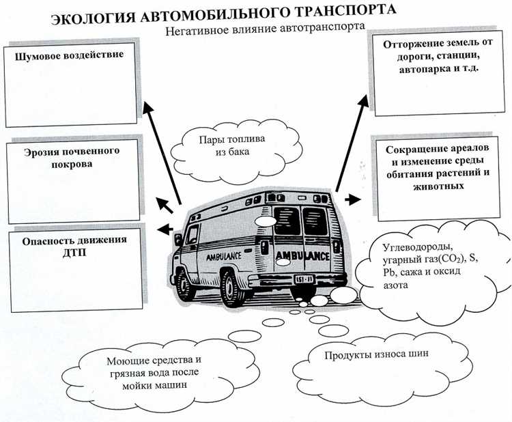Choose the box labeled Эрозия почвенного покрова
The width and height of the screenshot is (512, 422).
coord(72,181)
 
